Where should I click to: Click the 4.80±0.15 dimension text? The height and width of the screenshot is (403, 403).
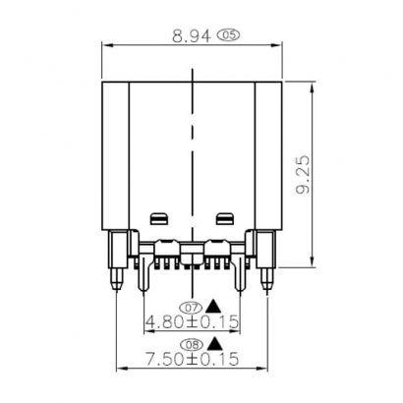tap(193, 321)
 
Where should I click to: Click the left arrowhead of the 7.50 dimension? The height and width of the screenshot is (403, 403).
tap(121, 370)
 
